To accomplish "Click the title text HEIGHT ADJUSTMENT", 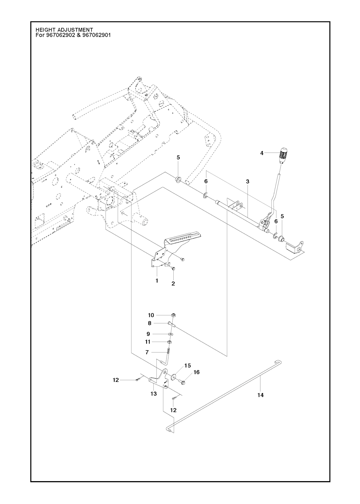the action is (x=64, y=30).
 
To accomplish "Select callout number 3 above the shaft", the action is (x=247, y=182).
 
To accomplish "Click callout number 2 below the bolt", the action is (x=173, y=284).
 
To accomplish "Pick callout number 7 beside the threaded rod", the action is (x=147, y=353).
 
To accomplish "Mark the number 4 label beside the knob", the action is (x=262, y=153).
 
